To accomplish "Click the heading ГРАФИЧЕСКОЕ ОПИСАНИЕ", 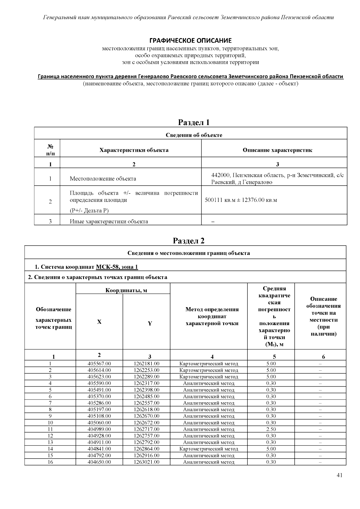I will coord(190,40).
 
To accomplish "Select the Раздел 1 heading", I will coord(193,122).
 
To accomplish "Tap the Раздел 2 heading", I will coord(189,241).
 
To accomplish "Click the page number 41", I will coord(339,475).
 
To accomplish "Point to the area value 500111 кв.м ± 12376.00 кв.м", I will coord(241,200).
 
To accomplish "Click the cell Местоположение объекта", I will coord(103,179).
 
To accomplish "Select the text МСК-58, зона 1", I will coord(117,267).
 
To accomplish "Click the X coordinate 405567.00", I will coord(99,364).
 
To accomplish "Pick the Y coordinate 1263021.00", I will coord(146,462).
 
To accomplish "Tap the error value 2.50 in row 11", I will coord(271,429).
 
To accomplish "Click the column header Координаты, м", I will coord(126,290).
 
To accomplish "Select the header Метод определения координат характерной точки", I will coord(212,316).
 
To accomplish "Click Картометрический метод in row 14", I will coord(208,449).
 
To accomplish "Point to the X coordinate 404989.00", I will coord(99,429).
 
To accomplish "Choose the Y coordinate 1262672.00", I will coord(146,423).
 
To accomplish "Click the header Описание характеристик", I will coord(277,150).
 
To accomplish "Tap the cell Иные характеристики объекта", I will coord(109,222).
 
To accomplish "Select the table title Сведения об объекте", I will coord(194,135).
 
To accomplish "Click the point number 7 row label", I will coord(50,403).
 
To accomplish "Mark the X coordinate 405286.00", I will coord(99,403).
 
